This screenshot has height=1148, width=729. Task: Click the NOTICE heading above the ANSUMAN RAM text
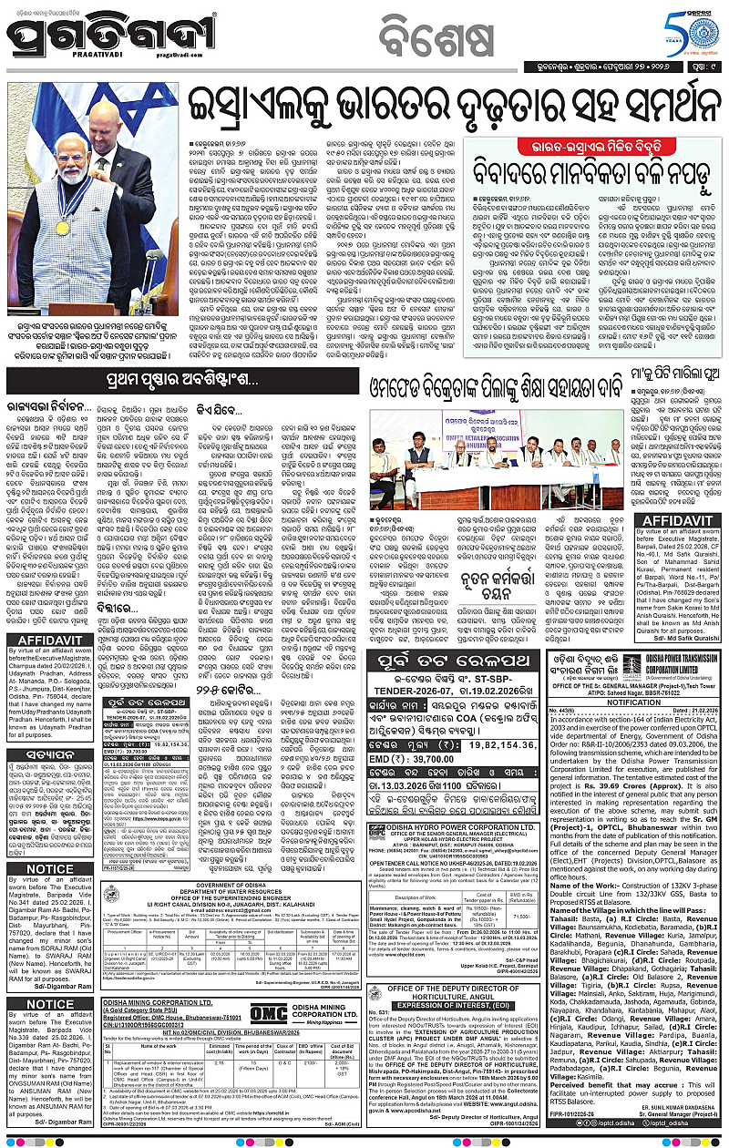click(x=50, y=1005)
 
